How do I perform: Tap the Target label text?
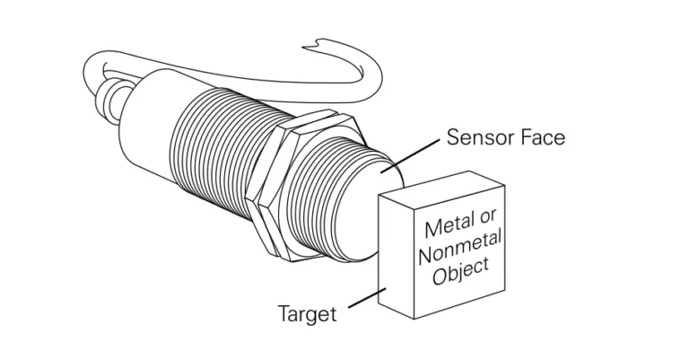point(307,314)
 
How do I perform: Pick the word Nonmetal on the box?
point(460,247)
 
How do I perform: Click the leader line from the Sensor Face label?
point(415,154)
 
